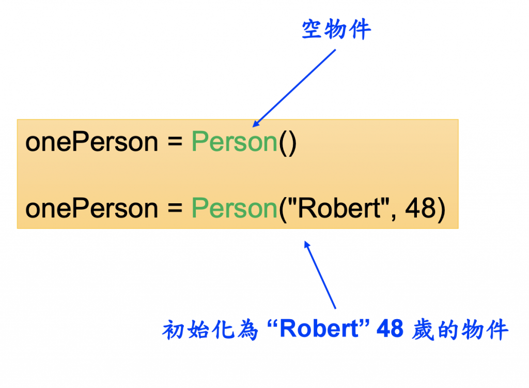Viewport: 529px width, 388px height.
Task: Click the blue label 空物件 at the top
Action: coord(336,31)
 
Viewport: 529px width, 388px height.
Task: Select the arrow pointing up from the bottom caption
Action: coord(320,274)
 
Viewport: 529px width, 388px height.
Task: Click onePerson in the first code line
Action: coord(91,142)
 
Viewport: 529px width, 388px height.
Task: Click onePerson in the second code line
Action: coord(91,208)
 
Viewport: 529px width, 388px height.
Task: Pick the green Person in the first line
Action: coord(235,142)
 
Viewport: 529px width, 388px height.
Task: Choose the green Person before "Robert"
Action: coord(235,208)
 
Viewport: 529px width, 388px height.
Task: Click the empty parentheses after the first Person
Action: coord(288,143)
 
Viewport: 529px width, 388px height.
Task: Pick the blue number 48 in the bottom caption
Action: coord(390,329)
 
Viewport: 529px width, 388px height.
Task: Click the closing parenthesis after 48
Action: coord(441,209)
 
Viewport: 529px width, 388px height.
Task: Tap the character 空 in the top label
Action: coord(313,31)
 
